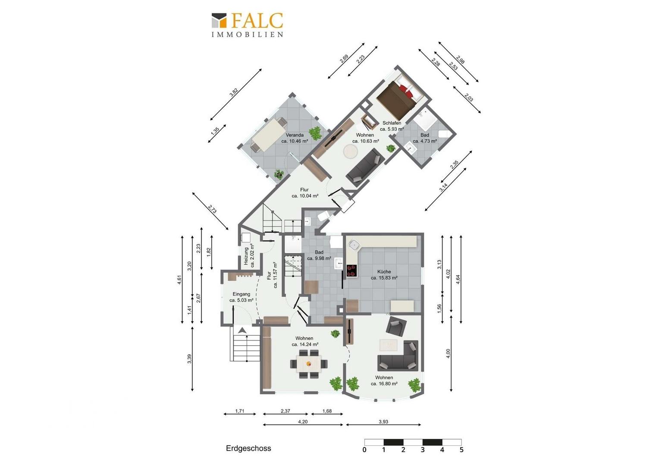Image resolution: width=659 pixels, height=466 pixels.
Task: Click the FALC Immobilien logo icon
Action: (219, 21)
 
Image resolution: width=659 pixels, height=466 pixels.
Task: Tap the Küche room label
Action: (384, 275)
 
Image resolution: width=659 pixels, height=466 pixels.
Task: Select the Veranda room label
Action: (295, 138)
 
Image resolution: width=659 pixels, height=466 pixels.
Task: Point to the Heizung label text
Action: (249, 255)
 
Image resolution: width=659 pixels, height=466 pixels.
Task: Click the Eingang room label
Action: (242, 297)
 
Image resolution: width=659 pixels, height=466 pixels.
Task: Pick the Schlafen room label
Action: (392, 126)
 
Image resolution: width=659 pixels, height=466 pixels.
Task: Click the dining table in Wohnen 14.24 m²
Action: (308, 364)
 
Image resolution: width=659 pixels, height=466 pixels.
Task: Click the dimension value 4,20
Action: (303, 422)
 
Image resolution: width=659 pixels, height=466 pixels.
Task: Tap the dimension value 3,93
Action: (383, 422)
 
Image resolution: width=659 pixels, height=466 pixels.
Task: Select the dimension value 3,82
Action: (234, 92)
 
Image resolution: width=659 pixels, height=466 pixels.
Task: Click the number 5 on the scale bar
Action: (461, 450)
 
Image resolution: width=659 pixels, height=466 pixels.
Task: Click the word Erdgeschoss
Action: (248, 448)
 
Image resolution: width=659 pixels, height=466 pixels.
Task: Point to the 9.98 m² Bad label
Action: (319, 255)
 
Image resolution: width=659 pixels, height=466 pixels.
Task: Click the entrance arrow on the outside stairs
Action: (242, 330)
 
